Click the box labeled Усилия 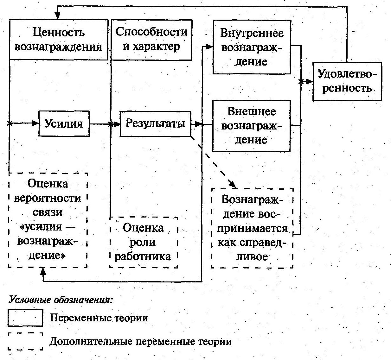(x=64, y=123)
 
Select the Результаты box (x=155, y=123)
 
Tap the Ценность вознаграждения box (x=59, y=40)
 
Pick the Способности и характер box (x=151, y=40)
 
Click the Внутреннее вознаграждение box (x=252, y=47)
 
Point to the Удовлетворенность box (x=347, y=81)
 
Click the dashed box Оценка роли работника (x=143, y=242)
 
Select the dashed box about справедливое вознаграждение (x=252, y=228)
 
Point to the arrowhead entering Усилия (x=35, y=123)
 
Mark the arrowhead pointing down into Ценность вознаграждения (x=58, y=16)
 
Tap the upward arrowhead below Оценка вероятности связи (x=43, y=271)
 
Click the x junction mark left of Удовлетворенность (x=301, y=82)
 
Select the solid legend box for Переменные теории (x=25, y=318)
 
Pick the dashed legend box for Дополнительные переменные (x=25, y=341)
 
